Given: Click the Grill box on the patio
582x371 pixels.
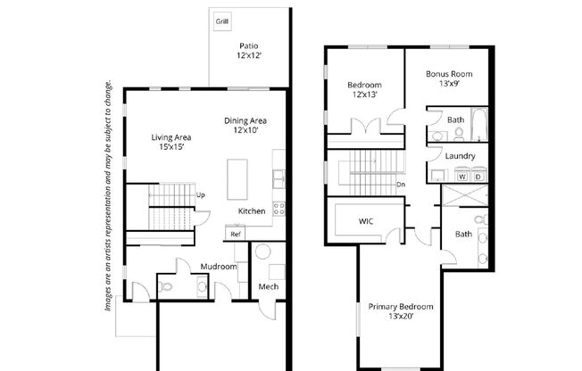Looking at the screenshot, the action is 222,21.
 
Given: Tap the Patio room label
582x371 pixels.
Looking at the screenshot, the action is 249,46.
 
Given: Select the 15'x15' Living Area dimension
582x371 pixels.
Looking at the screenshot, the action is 172,147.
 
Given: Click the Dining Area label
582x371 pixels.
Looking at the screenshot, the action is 245,120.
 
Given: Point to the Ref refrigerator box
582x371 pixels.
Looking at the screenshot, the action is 236,234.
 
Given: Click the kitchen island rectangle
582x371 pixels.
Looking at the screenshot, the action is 237,179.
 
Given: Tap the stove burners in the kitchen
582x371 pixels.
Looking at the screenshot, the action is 279,209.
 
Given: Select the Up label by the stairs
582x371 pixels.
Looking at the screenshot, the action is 201,195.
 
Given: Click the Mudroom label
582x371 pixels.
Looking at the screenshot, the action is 219,267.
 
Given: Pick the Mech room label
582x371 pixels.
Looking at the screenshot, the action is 269,286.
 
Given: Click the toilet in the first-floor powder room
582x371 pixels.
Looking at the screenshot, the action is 165,286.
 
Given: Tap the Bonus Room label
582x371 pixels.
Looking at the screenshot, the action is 449,74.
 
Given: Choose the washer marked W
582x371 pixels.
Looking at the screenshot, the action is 462,175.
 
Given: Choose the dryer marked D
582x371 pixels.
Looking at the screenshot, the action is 478,175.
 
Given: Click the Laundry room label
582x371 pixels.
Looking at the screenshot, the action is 460,156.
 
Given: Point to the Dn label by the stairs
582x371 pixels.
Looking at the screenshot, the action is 401,185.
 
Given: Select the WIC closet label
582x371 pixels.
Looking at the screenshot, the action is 366,221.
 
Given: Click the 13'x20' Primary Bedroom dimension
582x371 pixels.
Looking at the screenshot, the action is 401,317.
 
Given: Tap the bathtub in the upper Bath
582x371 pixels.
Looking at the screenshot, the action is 479,124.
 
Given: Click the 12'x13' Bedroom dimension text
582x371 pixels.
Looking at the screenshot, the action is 364,95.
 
